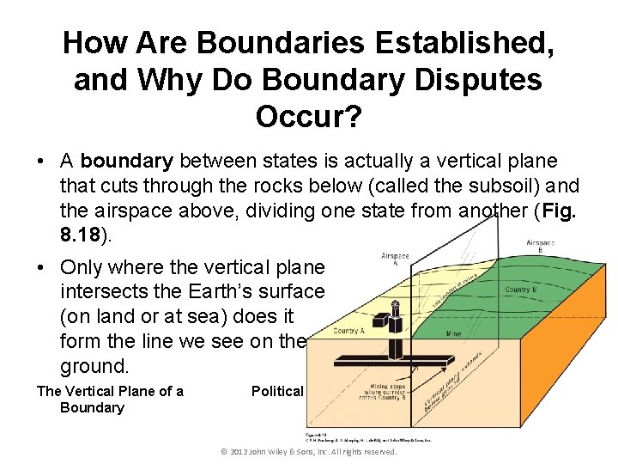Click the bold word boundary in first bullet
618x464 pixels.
(129, 161)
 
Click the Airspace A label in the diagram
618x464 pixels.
(395, 259)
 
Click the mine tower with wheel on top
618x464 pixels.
(396, 327)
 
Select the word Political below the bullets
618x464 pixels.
(277, 391)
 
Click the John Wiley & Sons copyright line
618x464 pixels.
(309, 451)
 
